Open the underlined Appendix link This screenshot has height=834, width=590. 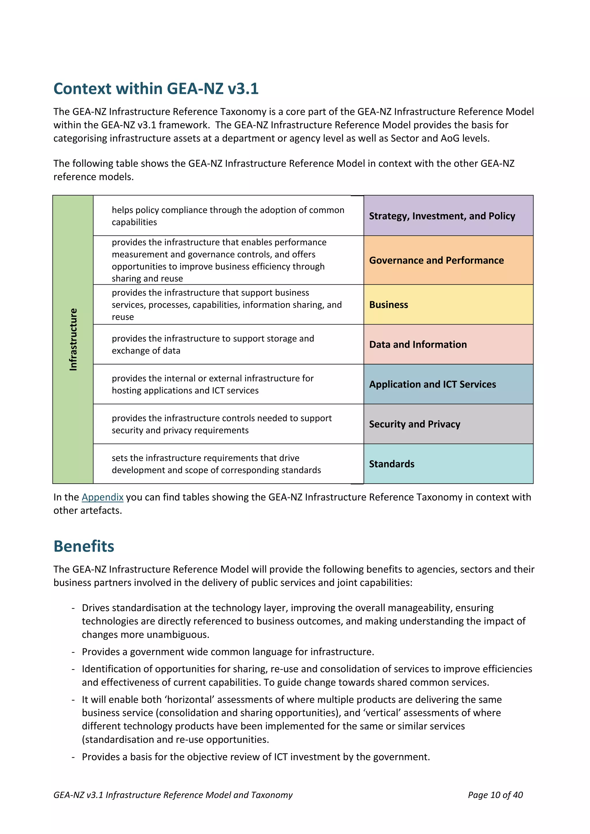click(x=103, y=497)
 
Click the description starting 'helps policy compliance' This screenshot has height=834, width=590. click(x=228, y=216)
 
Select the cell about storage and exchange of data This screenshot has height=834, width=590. click(x=213, y=344)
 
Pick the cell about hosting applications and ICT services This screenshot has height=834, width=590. click(x=213, y=384)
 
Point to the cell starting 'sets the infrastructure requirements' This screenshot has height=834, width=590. click(x=216, y=464)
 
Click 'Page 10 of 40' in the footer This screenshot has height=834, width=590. click(x=495, y=795)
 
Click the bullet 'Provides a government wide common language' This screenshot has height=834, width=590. click(x=228, y=652)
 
